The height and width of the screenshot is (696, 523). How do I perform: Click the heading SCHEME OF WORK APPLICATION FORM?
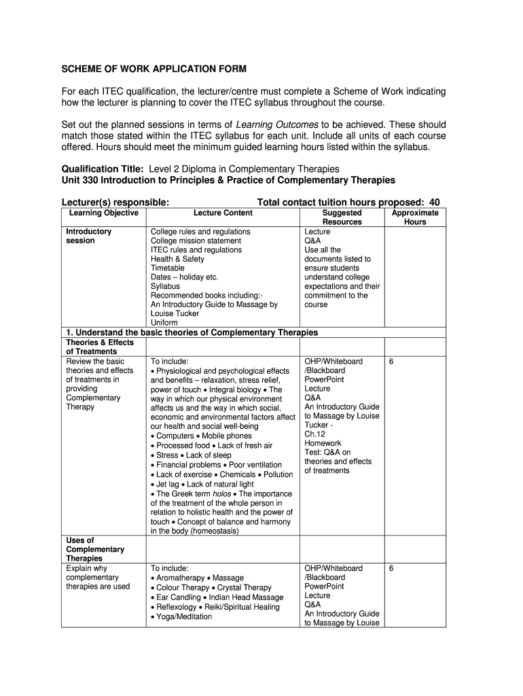coord(154,69)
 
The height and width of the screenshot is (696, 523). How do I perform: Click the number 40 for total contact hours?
coord(434,202)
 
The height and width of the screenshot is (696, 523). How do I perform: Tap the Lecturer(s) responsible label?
coord(115,202)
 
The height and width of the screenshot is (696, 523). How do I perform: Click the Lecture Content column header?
coord(223,213)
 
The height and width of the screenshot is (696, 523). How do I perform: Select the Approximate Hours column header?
coord(415,217)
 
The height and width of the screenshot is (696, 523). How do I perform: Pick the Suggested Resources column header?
coord(342,217)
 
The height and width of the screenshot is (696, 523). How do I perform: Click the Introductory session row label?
coord(89,236)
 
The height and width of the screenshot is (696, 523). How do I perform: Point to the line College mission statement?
coord(196,241)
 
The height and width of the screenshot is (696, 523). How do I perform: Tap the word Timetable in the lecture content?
coord(168,268)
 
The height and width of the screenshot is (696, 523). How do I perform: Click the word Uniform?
coord(164,323)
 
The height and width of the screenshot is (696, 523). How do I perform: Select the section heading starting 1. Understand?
coord(192,332)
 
